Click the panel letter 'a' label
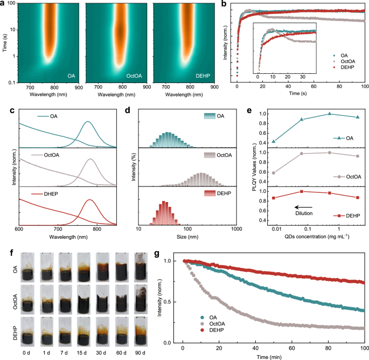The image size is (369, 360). (3, 4)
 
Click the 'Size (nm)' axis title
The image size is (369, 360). (187, 236)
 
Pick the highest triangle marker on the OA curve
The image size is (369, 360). (329, 114)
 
